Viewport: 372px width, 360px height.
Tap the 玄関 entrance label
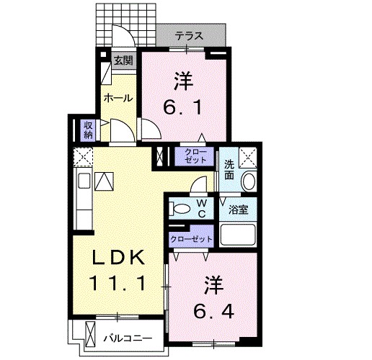(x=123, y=60)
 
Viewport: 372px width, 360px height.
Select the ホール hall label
(x=118, y=98)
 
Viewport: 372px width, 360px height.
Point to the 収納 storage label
(x=88, y=130)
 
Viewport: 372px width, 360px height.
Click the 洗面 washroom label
(x=229, y=169)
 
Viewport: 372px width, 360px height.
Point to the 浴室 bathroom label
(x=239, y=210)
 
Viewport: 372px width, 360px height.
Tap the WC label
(x=203, y=209)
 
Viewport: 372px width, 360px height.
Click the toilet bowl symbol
(x=181, y=210)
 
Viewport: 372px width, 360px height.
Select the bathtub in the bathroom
(x=239, y=236)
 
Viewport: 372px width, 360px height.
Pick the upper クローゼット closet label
(x=194, y=156)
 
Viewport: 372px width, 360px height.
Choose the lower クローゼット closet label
(x=191, y=238)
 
